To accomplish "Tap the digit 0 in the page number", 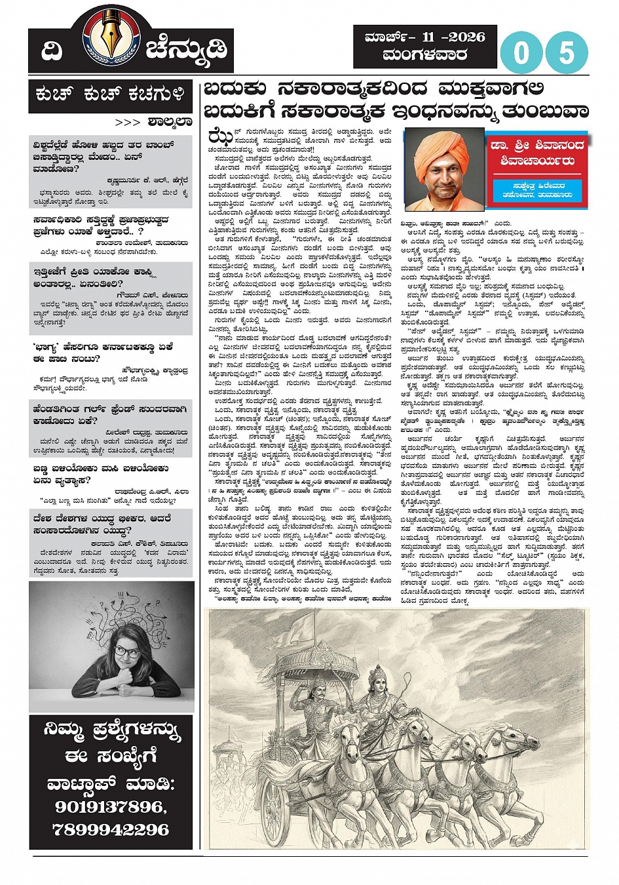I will pos(521,52).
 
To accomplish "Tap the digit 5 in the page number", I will pos(567,52).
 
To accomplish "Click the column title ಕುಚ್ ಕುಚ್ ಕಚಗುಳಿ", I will pos(110,95).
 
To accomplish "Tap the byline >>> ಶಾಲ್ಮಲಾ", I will pos(153,122).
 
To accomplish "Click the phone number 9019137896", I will pos(110,806).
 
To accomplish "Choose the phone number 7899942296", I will pos(110,829).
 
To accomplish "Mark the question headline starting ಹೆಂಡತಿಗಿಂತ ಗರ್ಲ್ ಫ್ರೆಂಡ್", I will pos(109,414).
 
